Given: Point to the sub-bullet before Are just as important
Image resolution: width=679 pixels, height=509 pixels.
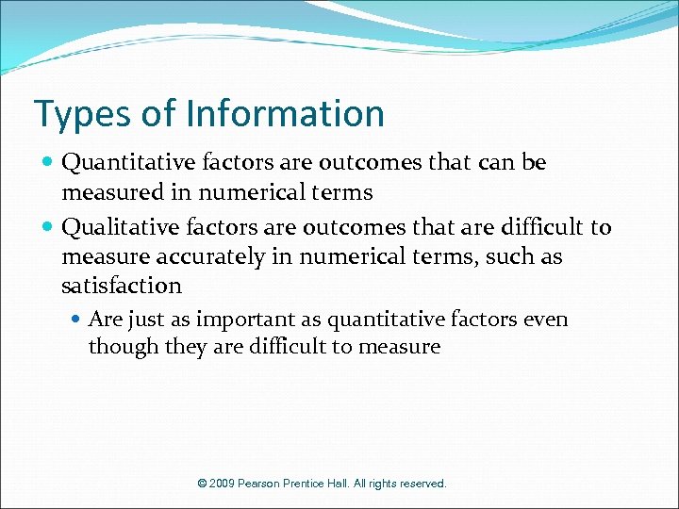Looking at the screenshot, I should coord(77,320).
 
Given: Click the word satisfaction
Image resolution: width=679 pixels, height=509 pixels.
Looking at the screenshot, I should coord(121,285).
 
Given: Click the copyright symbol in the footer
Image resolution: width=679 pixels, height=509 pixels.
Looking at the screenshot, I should coord(202,484).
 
